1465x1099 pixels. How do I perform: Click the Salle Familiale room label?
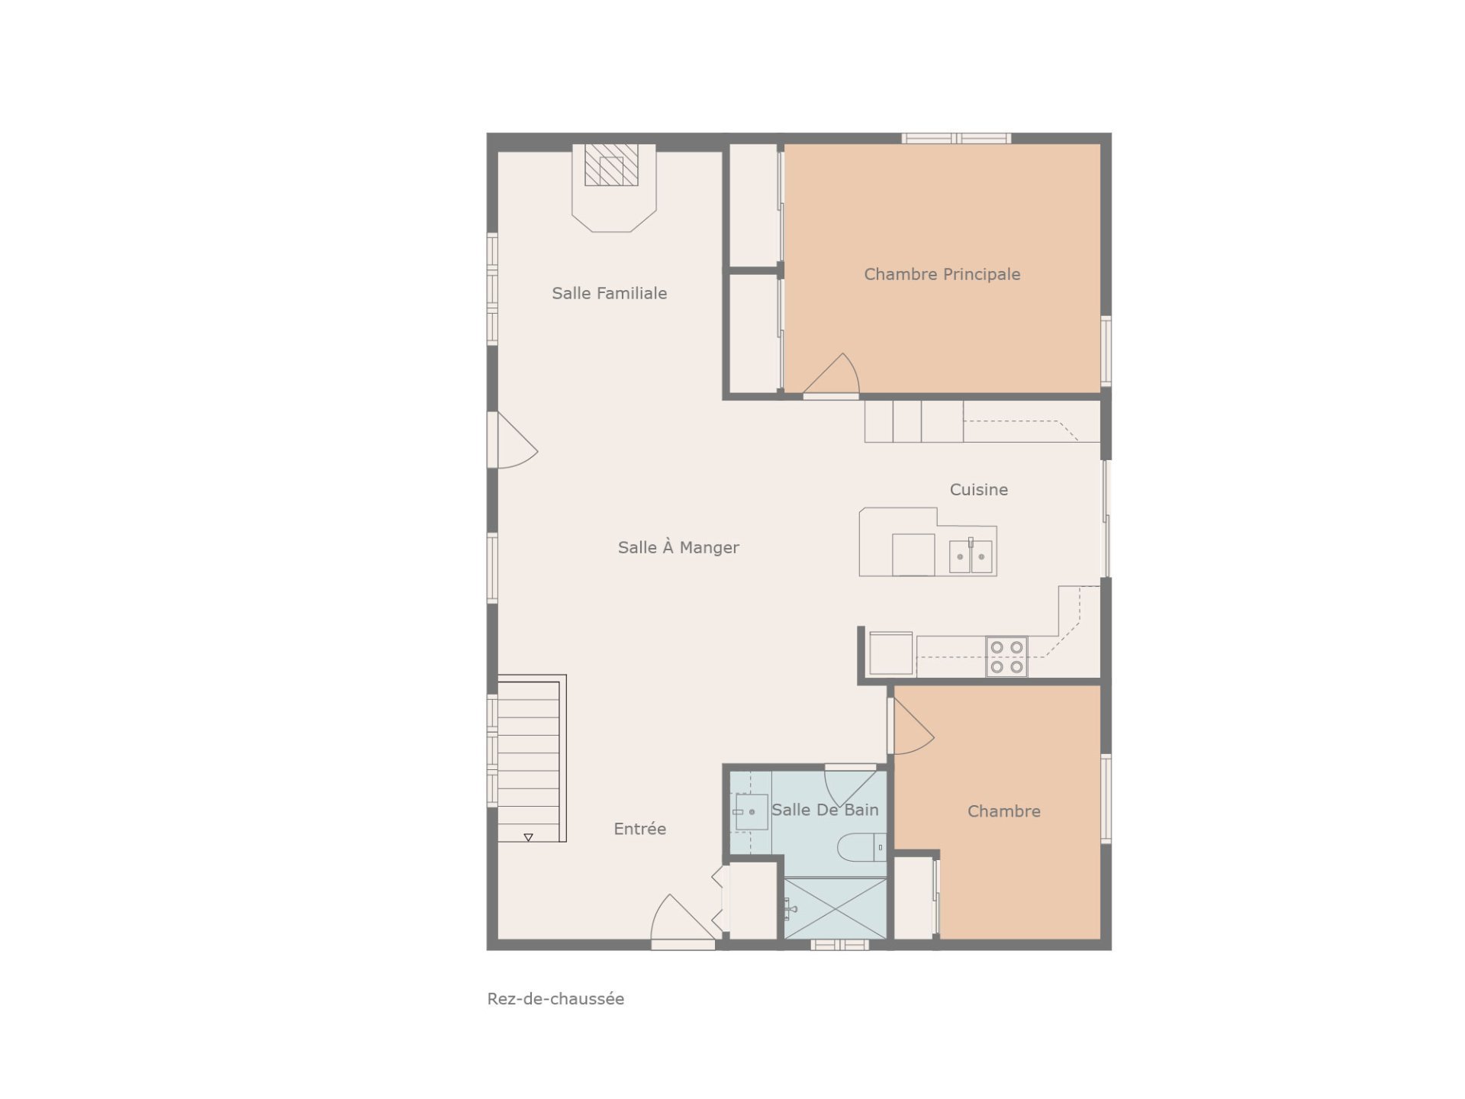click(x=609, y=293)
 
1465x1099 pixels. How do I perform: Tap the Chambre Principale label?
click(x=942, y=274)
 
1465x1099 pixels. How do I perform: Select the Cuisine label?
click(x=978, y=489)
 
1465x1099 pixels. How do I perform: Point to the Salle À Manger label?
click(x=678, y=546)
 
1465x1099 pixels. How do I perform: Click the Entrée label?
click(x=639, y=828)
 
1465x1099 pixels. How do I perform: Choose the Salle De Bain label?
click(x=825, y=810)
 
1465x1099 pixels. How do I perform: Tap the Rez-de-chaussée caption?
click(x=555, y=998)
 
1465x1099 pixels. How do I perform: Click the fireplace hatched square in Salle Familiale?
click(x=611, y=165)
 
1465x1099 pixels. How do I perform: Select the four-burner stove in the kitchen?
click(x=1006, y=656)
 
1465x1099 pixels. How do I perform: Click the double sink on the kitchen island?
click(x=971, y=556)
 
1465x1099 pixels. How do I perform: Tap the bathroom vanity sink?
click(x=751, y=812)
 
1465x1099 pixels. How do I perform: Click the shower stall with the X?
click(x=836, y=908)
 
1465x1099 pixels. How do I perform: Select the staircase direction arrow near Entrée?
click(x=528, y=837)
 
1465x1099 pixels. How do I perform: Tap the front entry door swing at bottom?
click(x=682, y=921)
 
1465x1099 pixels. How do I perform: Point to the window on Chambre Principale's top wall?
click(x=956, y=138)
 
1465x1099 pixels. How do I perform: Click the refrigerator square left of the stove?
click(x=890, y=653)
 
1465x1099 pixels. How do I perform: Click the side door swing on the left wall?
click(x=516, y=440)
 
